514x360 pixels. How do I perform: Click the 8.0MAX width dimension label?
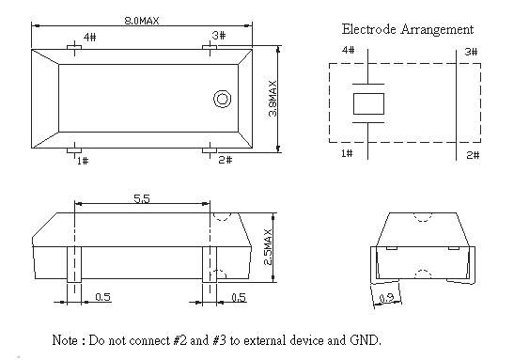pos(142,21)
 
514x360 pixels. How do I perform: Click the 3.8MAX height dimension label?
pos(273,99)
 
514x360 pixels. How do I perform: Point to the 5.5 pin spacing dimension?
pos(142,198)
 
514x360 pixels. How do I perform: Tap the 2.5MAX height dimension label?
pos(268,247)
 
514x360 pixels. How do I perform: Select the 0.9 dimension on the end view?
pos(387,298)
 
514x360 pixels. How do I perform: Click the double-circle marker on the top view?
pos(223,99)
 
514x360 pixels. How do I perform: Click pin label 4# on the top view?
pos(90,37)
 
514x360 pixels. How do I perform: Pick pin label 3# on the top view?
pos(219,35)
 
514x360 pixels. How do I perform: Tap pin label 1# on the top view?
pos(83,161)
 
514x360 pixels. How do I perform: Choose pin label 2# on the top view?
pos(226,160)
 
